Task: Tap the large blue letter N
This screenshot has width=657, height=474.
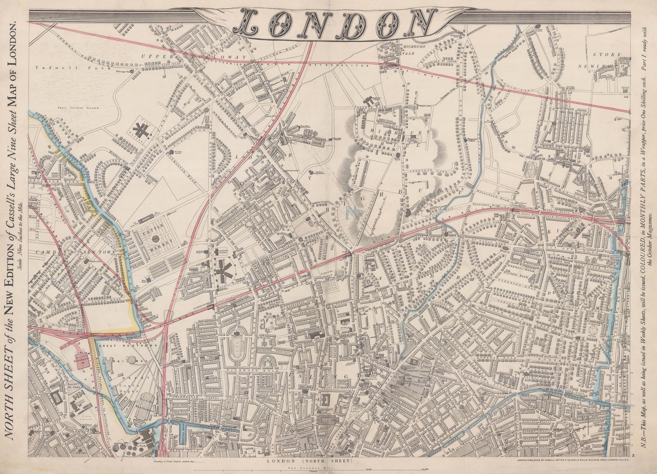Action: pos(350,212)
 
